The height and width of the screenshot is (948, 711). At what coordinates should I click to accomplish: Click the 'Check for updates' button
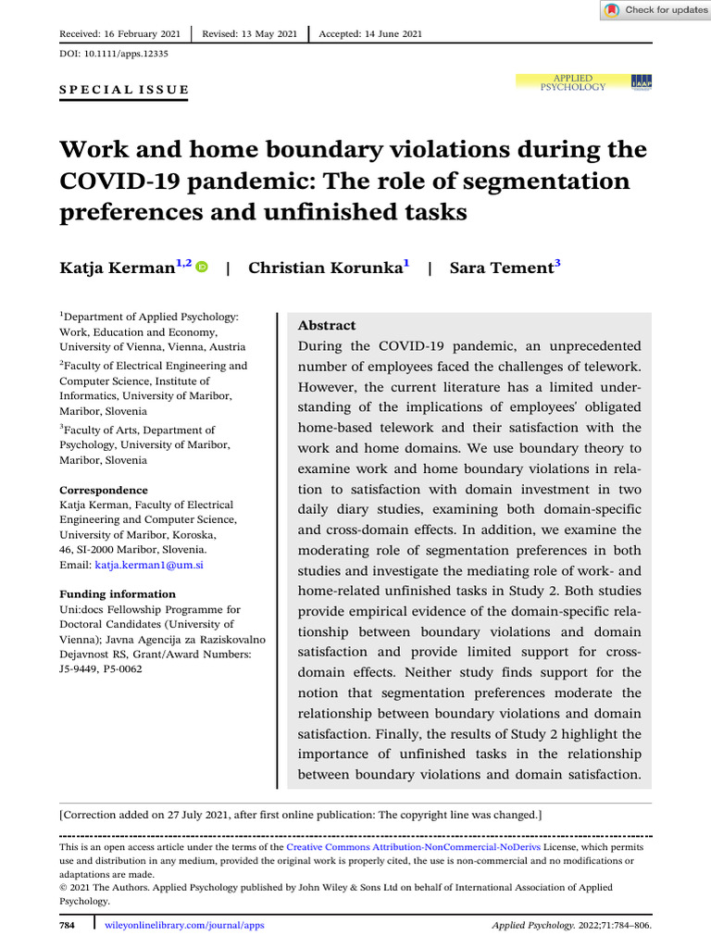[655, 10]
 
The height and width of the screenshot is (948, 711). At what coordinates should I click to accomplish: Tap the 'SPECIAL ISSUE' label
[124, 90]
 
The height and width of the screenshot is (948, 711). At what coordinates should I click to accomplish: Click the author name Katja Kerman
[118, 268]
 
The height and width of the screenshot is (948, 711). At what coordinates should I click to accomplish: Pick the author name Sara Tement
[501, 268]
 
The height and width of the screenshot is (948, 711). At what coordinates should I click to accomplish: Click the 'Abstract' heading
[327, 325]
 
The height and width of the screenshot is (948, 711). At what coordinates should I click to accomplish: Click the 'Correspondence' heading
[104, 490]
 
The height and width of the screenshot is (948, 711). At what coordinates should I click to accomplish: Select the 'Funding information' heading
[118, 594]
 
